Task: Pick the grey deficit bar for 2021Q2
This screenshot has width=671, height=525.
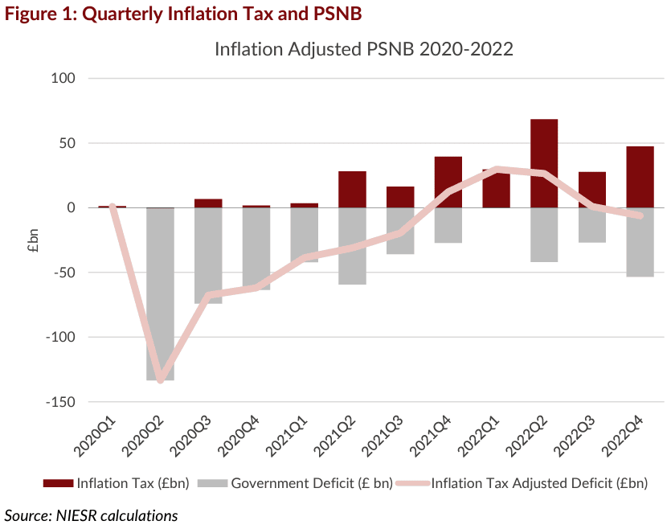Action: pyautogui.click(x=352, y=246)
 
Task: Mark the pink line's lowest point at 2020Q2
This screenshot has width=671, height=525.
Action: pyautogui.click(x=161, y=379)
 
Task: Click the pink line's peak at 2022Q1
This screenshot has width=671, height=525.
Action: pyautogui.click(x=497, y=170)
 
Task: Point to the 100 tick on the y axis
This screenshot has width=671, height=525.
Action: pyautogui.click(x=63, y=79)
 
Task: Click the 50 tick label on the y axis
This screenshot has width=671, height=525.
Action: pyautogui.click(x=67, y=143)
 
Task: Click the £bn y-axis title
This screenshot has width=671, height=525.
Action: pyautogui.click(x=33, y=240)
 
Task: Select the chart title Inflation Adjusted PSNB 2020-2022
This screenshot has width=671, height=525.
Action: pyautogui.click(x=363, y=49)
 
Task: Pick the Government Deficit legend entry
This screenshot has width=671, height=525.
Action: pyautogui.click(x=312, y=483)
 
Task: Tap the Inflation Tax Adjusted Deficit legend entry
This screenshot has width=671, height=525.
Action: pyautogui.click(x=538, y=483)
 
